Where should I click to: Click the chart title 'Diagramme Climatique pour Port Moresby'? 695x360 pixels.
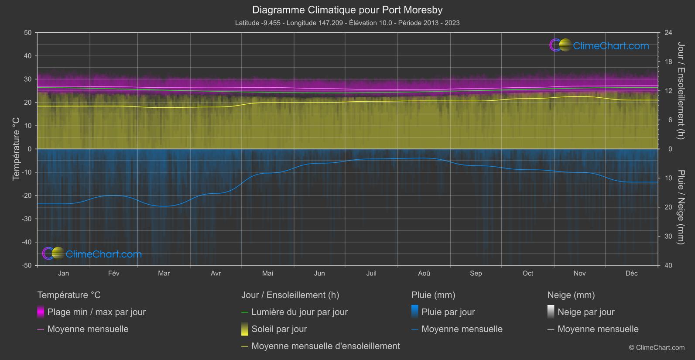tap(347, 10)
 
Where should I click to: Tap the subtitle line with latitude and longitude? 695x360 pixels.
tap(347, 23)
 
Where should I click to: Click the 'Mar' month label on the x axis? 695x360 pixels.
tap(164, 273)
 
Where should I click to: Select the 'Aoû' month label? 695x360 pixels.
tap(424, 273)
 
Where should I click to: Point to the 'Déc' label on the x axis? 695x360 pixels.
tap(631, 273)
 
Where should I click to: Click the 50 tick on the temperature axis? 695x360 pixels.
tap(28, 33)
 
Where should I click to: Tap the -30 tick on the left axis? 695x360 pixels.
tap(27, 219)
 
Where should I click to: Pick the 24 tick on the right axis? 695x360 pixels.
tap(668, 33)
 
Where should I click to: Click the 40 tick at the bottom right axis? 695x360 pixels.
tap(668, 265)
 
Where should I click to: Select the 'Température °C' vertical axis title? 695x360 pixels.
tap(16, 149)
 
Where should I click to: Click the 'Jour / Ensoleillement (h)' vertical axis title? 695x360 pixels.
tap(681, 91)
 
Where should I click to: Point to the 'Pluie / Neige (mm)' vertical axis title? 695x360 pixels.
tap(681, 207)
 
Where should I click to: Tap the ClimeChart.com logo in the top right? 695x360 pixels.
tap(599, 45)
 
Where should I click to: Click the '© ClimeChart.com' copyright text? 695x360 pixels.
tap(657, 347)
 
